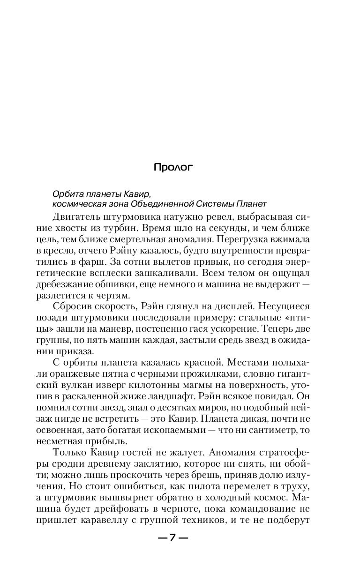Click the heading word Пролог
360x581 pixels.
tap(173, 167)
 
